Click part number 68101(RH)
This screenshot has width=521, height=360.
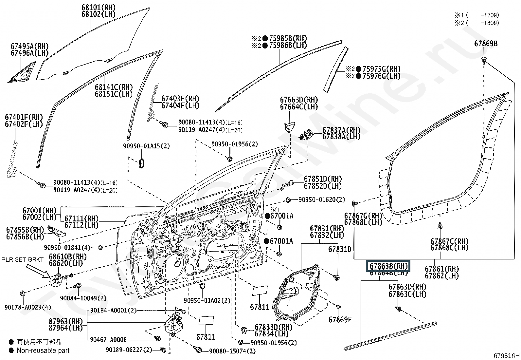point(98,7)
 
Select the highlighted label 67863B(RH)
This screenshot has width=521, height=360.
point(388,266)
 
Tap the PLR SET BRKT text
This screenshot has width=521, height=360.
point(23,260)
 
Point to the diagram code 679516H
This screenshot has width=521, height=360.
point(507,356)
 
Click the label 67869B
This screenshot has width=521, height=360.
point(486,44)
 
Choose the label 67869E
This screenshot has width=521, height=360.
point(340,319)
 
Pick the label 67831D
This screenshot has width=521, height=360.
point(339,250)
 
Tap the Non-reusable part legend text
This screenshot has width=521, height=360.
point(43,351)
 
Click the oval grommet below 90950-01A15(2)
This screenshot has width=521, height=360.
point(142,163)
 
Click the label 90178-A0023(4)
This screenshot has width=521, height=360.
point(28,307)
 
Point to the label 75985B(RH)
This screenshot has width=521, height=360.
point(288,38)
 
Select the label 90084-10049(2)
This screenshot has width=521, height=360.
point(83,298)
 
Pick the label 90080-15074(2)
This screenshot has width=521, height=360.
point(232,351)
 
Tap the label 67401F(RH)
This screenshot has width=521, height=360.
point(24,117)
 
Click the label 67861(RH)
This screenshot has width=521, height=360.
point(441,269)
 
